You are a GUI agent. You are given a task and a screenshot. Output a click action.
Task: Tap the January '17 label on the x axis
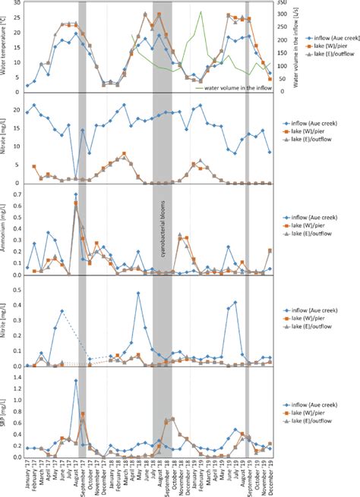[x=27, y=474]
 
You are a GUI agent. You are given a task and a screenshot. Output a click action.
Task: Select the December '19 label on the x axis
[x=270, y=474]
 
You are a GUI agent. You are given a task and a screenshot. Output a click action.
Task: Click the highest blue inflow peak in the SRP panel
[x=76, y=380]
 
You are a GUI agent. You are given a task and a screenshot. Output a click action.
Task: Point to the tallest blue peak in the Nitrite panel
[x=138, y=293]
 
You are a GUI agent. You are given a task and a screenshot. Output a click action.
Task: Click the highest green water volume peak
[x=201, y=11]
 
